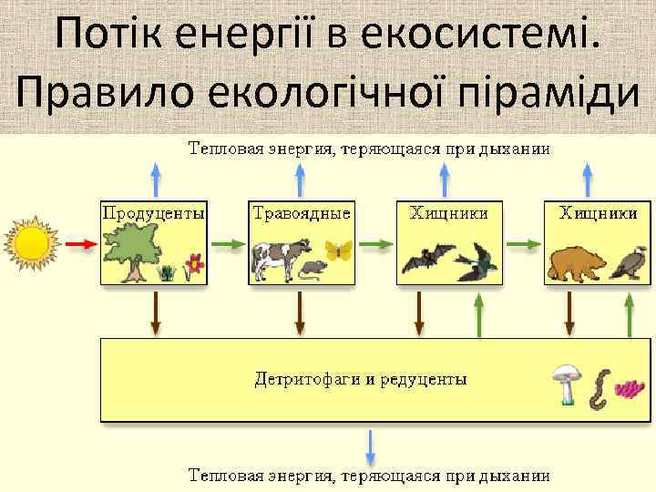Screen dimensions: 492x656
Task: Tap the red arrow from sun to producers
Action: pyautogui.click(x=81, y=244)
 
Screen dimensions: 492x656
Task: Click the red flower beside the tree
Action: pyautogui.click(x=192, y=265)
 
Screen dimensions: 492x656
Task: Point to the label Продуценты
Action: pyautogui.click(x=152, y=212)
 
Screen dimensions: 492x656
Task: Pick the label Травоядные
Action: pyautogui.click(x=301, y=212)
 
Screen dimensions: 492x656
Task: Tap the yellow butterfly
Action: pyautogui.click(x=337, y=250)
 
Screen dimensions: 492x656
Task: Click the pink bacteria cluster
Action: pyautogui.click(x=628, y=389)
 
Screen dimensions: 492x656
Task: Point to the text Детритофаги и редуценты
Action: pyautogui.click(x=360, y=378)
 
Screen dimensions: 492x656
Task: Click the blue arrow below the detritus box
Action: pyautogui.click(x=371, y=446)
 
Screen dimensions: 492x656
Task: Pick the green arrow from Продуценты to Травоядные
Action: pyautogui.click(x=228, y=244)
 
